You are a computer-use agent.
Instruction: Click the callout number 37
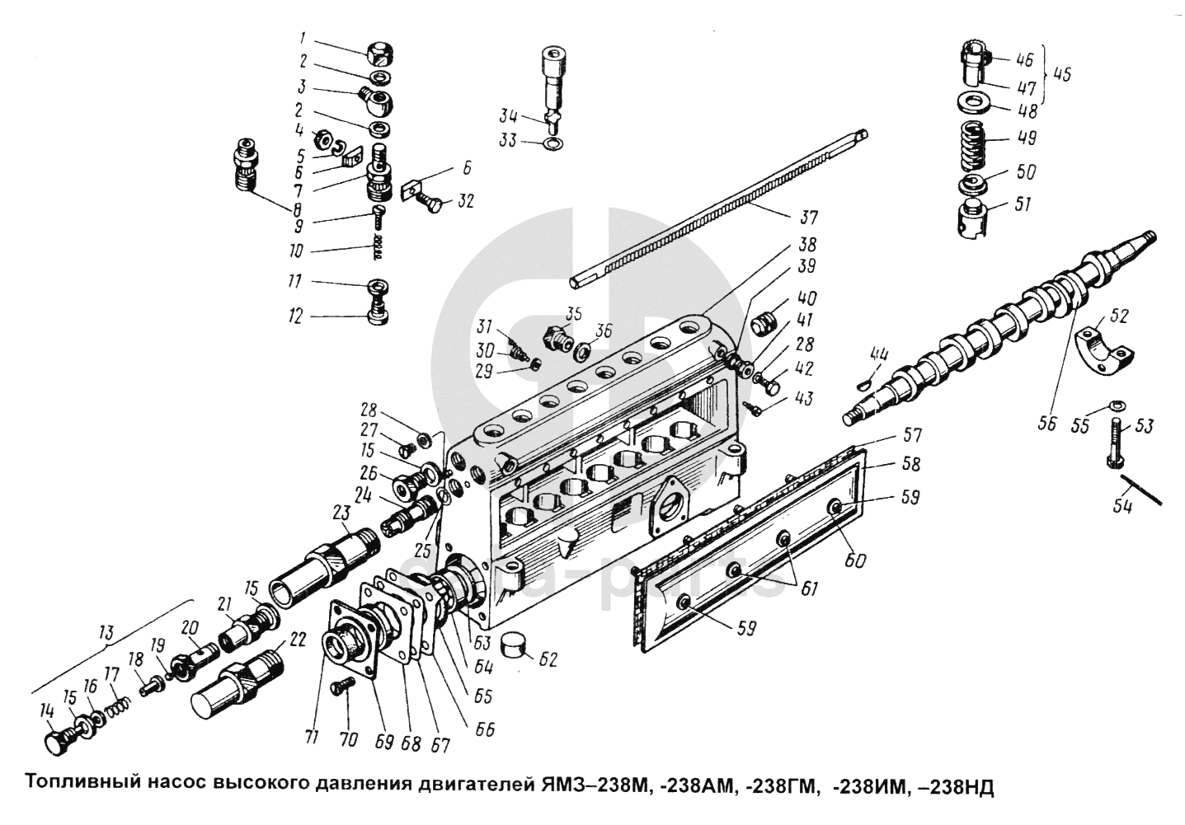[807, 218]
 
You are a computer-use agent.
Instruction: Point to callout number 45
[1062, 74]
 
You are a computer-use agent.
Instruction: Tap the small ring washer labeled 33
[553, 146]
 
